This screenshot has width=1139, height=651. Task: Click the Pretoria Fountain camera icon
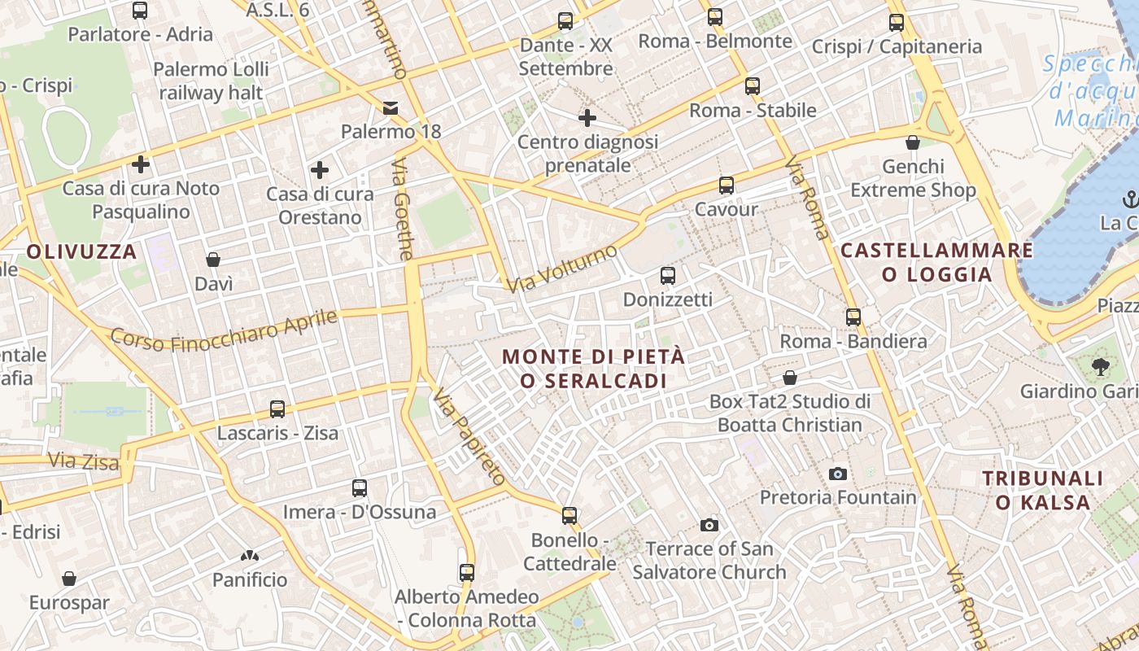(x=837, y=474)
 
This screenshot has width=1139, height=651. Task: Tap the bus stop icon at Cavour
(x=726, y=186)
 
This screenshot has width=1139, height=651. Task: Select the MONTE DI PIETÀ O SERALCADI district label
(x=594, y=369)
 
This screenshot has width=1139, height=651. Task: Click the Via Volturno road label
(x=561, y=269)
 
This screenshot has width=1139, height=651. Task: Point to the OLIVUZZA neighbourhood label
(x=81, y=251)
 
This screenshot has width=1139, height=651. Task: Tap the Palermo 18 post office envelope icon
(x=391, y=108)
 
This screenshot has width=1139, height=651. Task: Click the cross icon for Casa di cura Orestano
(x=320, y=170)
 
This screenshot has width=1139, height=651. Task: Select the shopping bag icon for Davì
(x=213, y=260)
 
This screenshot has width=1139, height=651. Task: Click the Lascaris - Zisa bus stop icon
(x=277, y=409)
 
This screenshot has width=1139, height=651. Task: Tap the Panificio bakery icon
(x=250, y=557)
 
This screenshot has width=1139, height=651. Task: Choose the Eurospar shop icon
(x=69, y=579)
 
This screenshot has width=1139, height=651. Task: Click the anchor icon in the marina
(x=1129, y=199)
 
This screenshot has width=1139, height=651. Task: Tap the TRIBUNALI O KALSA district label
(x=1043, y=490)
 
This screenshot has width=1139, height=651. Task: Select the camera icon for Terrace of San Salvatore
(x=709, y=526)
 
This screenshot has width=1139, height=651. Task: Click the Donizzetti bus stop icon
(x=668, y=276)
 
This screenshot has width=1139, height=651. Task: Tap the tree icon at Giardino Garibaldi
(x=1102, y=367)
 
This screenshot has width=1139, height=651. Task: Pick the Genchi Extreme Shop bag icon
(x=913, y=142)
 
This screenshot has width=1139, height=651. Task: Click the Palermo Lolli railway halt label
(x=211, y=81)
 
